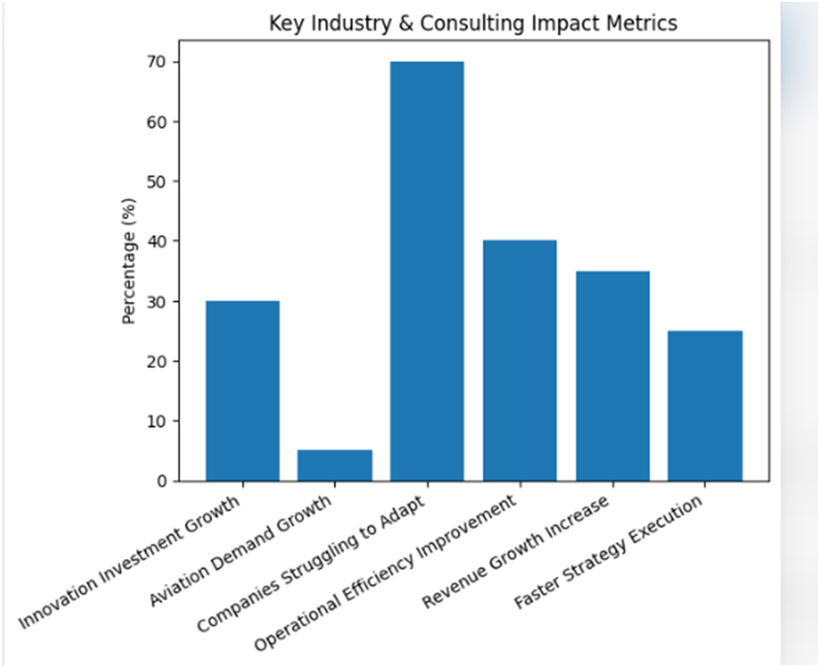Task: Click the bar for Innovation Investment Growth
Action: pos(242,391)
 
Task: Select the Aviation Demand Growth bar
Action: pos(335,465)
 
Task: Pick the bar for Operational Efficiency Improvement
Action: pos(520,361)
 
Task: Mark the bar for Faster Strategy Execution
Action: pos(705,406)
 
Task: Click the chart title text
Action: pos(473,23)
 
